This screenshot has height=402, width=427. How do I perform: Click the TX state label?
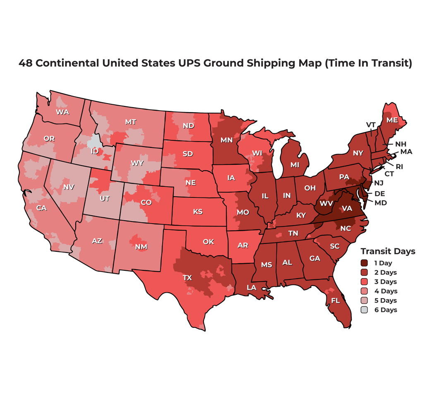[187, 277]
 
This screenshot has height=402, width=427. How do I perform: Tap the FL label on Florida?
[336, 301]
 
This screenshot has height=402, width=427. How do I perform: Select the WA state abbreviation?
[62, 112]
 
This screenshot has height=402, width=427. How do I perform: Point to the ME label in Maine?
[392, 120]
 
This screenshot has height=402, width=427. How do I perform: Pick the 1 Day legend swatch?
[364, 263]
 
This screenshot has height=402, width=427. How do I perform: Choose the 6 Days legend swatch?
[364, 310]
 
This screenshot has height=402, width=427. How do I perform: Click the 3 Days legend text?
[385, 282]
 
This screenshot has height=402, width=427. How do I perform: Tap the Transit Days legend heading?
[388, 251]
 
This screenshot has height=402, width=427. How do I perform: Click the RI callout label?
[399, 166]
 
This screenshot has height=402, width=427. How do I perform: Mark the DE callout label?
[379, 193]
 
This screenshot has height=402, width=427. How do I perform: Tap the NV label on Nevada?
[69, 187]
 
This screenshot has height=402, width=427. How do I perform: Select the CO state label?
[146, 202]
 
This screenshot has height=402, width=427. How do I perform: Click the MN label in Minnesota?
[226, 140]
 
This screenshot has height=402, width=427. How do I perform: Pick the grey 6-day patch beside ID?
[95, 141]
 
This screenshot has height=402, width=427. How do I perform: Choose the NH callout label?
[400, 144]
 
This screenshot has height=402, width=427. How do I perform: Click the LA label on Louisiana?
[251, 287]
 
